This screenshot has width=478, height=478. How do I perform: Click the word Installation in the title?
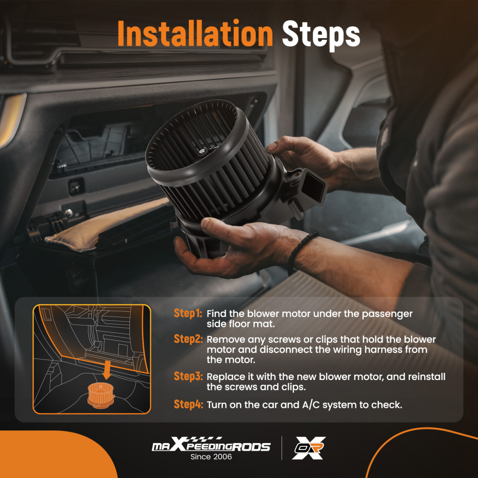click(195, 33)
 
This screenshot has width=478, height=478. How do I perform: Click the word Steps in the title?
click(321, 35)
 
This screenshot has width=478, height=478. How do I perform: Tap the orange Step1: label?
click(188, 314)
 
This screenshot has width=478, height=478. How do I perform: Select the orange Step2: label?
click(188, 339)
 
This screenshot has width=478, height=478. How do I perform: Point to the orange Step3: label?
click(188, 376)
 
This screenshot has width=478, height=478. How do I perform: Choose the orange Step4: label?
click(188, 404)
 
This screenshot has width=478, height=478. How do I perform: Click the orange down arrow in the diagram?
click(107, 369)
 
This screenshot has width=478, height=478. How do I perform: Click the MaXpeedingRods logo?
click(211, 445)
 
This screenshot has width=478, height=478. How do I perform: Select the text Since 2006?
click(211, 456)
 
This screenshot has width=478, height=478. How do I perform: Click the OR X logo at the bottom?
click(308, 448)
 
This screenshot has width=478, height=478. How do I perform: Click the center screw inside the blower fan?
click(202, 151)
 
